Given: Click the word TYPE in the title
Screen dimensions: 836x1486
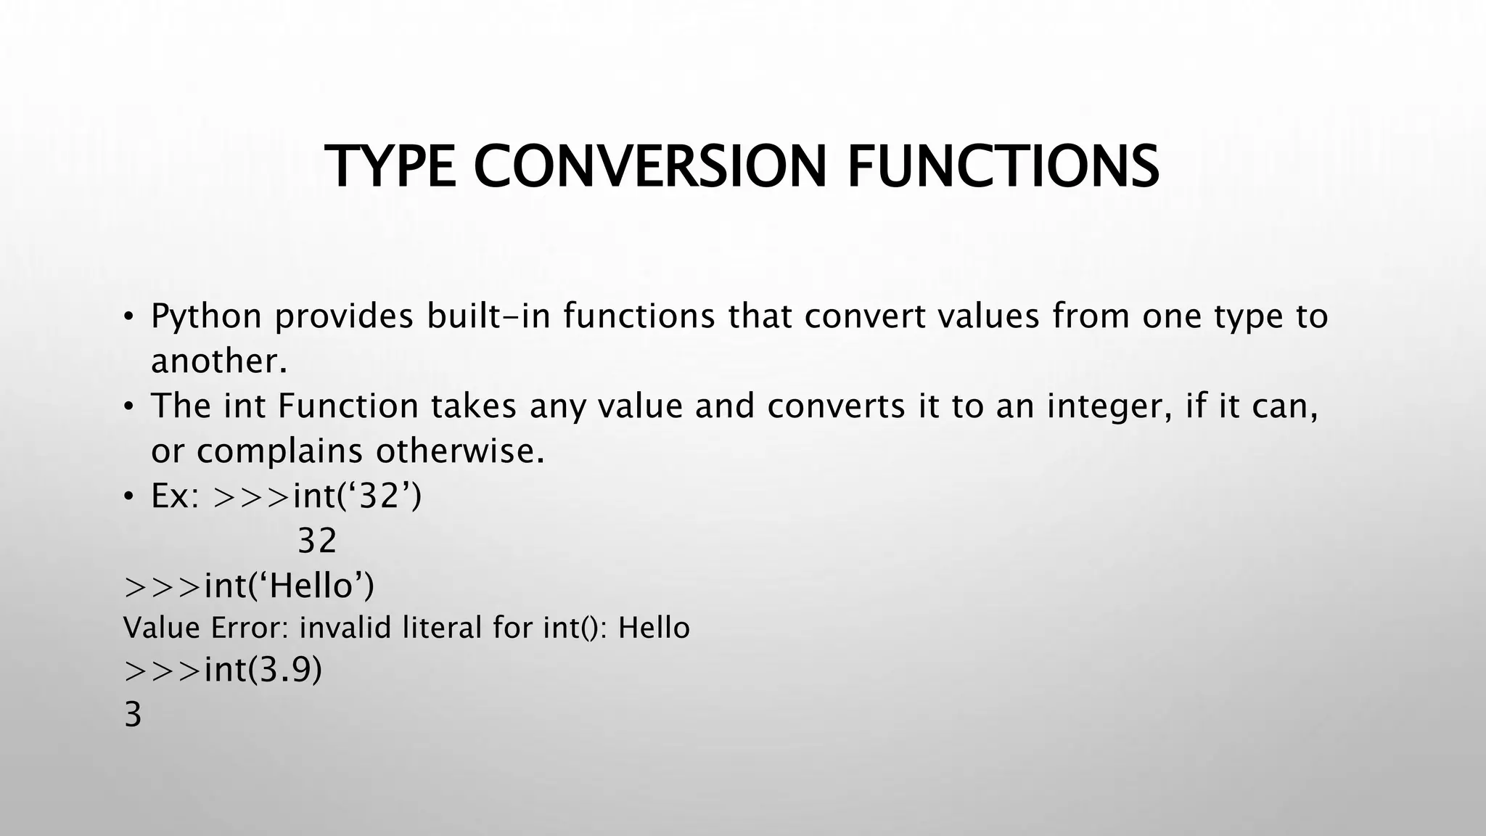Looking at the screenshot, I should tap(390, 167).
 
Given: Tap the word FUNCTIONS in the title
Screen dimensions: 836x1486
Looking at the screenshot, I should tap(1003, 167).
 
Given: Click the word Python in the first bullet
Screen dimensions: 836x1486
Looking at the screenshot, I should tap(206, 317).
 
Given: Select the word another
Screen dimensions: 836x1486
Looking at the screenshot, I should tap(218, 361).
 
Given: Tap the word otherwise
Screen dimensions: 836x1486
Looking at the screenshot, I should tap(460, 451).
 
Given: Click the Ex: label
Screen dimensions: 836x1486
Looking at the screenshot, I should tap(175, 496).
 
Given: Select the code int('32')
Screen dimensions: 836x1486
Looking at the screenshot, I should tap(357, 496).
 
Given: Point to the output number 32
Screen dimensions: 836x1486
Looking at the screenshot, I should tap(317, 541).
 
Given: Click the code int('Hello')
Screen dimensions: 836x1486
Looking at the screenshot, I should tap(290, 586).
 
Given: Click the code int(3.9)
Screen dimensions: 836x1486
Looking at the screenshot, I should tap(263, 670).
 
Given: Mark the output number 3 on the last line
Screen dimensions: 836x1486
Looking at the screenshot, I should tap(133, 715).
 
